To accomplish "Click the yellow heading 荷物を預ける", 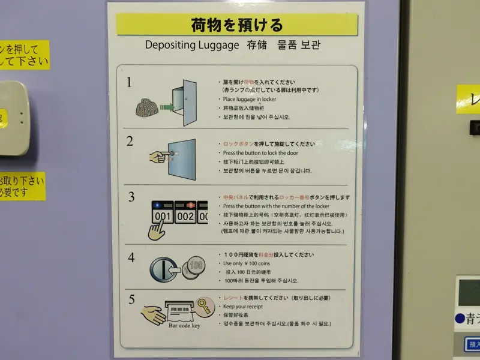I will coord(236,25).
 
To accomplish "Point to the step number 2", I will coord(130,142).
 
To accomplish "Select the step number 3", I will coord(131,196).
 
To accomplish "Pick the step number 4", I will coord(131,257).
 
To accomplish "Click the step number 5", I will coord(131,298).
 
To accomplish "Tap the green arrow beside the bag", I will coord(167,107).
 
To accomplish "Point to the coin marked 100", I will coord(195,265).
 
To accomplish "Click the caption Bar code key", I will coord(184,326).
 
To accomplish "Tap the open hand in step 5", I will coord(153,314).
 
